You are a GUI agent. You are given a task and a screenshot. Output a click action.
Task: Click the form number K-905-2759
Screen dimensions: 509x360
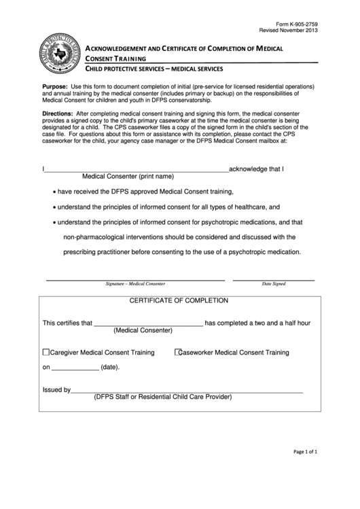[x=296, y=24]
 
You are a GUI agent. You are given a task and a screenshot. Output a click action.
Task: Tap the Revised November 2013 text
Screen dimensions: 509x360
[x=288, y=31]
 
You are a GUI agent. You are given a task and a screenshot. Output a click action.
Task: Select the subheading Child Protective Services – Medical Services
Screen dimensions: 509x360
[x=154, y=69]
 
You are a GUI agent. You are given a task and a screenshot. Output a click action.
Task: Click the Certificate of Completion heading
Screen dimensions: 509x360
[x=179, y=300]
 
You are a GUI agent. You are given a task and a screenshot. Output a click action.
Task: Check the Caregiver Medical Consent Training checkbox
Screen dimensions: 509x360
[x=46, y=353]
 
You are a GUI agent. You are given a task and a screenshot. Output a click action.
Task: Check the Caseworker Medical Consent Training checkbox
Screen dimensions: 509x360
[x=179, y=353]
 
